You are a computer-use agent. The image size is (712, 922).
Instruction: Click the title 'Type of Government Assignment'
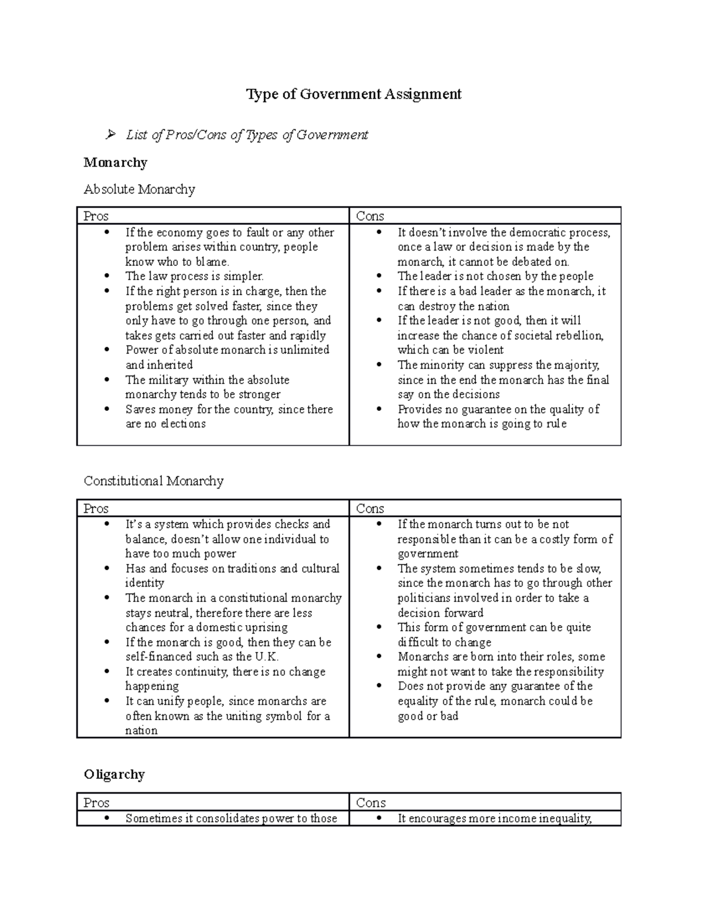(354, 94)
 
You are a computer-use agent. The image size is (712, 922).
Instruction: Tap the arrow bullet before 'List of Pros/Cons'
(110, 135)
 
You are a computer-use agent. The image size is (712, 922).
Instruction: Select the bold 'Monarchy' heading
(115, 163)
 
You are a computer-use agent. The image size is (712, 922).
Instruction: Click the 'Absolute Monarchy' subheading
(139, 189)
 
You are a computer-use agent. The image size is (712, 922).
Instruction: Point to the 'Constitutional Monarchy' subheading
(154, 481)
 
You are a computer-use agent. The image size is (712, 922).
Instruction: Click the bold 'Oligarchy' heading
(114, 774)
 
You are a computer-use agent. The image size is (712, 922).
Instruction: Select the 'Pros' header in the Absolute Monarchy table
(96, 216)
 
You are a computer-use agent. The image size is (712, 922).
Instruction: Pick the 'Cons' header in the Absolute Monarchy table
(370, 216)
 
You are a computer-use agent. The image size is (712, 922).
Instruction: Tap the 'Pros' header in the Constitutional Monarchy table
(96, 508)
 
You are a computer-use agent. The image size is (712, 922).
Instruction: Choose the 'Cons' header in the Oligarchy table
(371, 803)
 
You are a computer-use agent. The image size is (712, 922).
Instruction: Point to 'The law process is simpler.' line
(195, 276)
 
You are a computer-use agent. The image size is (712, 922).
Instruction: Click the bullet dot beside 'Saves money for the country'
(107, 409)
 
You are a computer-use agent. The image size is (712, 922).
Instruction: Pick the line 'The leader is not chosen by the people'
(495, 276)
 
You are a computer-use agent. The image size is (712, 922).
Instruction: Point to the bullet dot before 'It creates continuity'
(107, 671)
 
